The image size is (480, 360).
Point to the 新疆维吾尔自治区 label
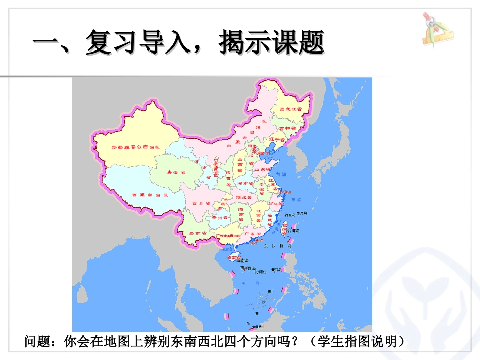[x=135, y=147]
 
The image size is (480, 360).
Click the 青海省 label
[x=176, y=172]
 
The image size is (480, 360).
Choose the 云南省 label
[x=198, y=233]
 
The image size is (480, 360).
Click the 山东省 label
[x=262, y=170]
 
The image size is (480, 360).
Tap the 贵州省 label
[x=217, y=218]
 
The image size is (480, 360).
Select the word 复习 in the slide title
[x=111, y=41]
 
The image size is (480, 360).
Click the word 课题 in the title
[x=298, y=41]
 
